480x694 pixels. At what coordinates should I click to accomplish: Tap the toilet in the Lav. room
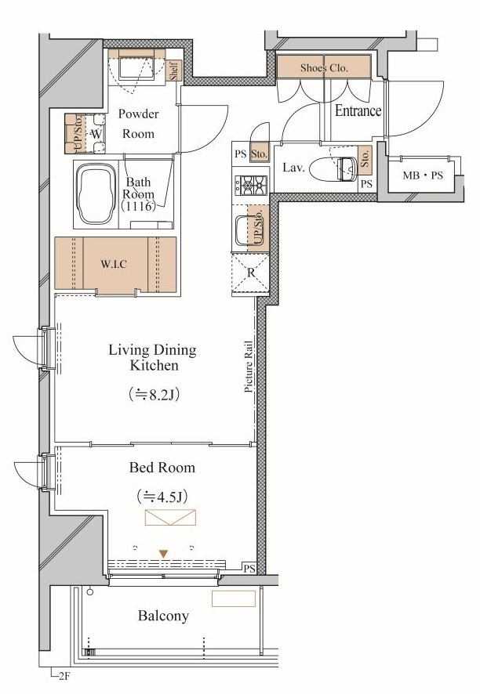(333, 169)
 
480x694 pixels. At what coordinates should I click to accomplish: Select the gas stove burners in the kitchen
(251, 186)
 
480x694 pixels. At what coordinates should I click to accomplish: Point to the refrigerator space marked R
(250, 273)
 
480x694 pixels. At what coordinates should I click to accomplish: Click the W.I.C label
(114, 264)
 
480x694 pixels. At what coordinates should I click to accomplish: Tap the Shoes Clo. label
(324, 67)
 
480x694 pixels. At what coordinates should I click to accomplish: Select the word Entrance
(358, 110)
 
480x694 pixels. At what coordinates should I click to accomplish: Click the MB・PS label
(423, 175)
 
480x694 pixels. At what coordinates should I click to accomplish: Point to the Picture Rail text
(249, 367)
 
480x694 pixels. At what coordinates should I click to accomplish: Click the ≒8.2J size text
(154, 394)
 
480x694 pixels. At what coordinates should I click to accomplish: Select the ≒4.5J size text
(162, 497)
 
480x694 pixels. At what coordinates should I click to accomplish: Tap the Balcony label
(163, 616)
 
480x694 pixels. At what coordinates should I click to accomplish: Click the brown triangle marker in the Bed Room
(164, 554)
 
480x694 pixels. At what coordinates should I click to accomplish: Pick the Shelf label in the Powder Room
(174, 70)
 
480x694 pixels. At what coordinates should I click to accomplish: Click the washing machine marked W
(96, 133)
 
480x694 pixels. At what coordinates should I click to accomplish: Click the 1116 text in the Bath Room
(139, 206)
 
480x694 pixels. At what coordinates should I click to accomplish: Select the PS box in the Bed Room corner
(249, 569)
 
